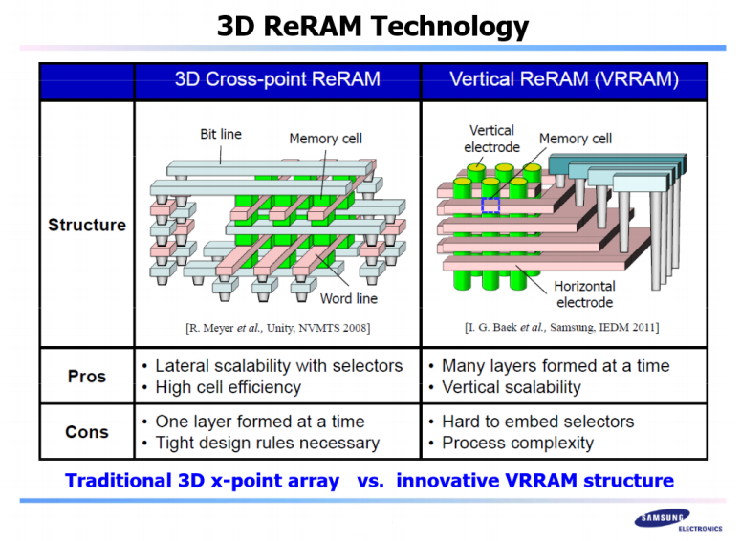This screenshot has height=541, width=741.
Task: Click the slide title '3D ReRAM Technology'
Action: click(x=372, y=25)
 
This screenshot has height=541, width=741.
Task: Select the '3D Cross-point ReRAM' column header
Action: click(x=277, y=79)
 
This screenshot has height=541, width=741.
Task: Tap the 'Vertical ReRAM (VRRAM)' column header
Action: click(x=564, y=79)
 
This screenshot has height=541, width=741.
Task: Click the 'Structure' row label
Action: click(x=87, y=225)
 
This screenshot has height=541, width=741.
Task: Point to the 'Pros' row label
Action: click(x=87, y=376)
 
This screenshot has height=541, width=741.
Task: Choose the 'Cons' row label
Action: click(x=87, y=432)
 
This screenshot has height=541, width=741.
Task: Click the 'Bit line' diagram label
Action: click(x=221, y=134)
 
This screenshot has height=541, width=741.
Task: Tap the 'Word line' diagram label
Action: click(x=349, y=299)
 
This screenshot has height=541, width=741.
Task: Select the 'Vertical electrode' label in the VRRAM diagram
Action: click(x=492, y=139)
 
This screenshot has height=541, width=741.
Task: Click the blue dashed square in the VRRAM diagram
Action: click(x=490, y=206)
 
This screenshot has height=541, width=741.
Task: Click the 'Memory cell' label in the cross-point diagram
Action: click(x=326, y=139)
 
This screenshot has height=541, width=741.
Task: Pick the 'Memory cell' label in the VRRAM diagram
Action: click(x=576, y=139)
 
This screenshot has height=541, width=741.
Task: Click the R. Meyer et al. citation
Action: click(x=277, y=328)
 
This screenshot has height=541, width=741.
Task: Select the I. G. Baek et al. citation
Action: click(x=561, y=328)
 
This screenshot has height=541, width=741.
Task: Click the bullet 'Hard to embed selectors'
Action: click(x=537, y=422)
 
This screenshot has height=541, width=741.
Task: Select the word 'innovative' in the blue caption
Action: click(x=454, y=480)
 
